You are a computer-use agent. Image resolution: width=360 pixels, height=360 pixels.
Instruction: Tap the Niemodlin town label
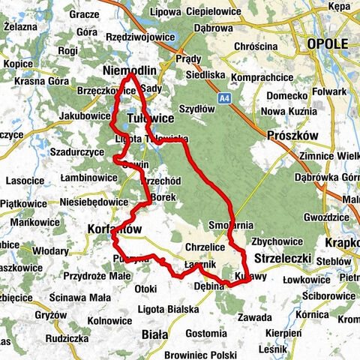point(128,70)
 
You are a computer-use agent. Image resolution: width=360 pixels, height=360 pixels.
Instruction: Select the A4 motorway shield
point(224,97)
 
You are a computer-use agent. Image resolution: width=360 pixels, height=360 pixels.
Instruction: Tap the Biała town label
point(154,333)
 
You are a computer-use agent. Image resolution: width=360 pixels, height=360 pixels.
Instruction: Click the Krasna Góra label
point(36,80)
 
